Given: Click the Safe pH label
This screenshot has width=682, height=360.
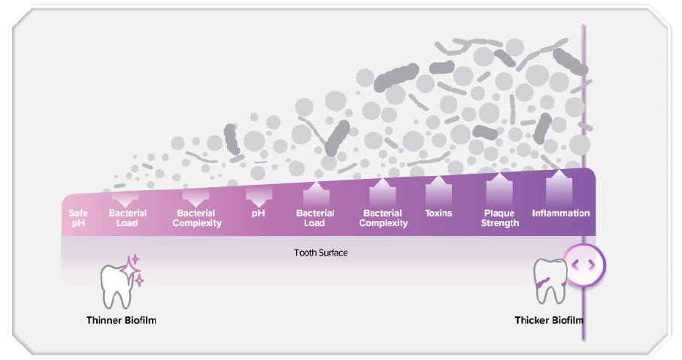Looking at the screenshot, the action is click(78, 218).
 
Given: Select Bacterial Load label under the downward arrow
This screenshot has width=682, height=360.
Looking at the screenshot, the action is click(128, 218).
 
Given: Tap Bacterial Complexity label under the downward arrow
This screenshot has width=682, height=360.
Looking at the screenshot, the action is click(197, 218).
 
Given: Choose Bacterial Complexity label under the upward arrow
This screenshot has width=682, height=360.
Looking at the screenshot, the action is click(383, 218).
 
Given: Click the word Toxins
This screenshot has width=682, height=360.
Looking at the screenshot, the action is click(438, 213).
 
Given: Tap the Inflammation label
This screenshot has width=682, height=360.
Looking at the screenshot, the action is click(560, 213).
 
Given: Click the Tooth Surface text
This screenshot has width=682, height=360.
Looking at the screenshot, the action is click(320, 253).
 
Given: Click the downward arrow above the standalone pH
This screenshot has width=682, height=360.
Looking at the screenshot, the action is click(258, 196).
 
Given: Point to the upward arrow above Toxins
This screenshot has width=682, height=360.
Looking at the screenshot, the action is click(438, 189).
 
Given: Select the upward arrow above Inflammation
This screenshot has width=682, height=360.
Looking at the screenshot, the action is click(560, 185).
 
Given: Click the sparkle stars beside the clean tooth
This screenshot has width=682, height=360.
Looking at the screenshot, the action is click(135, 269).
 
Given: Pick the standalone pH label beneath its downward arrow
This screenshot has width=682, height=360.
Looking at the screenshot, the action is click(258, 213).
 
